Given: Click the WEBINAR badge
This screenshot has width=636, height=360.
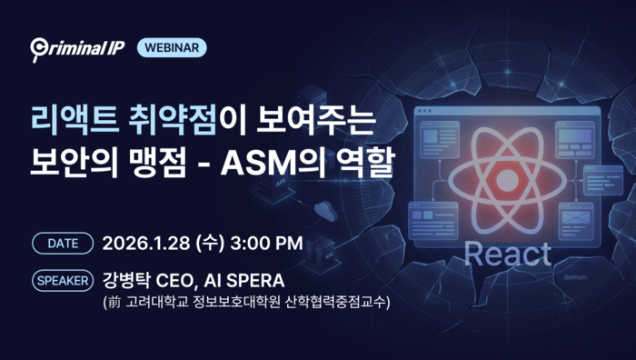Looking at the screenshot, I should (x=171, y=48).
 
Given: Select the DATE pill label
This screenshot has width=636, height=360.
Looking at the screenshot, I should (x=63, y=244).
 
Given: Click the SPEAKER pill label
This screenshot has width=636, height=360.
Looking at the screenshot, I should (x=63, y=279).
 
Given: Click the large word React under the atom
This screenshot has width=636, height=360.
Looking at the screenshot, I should (x=507, y=255).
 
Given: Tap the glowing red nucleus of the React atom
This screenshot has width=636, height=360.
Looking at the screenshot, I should (x=506, y=179).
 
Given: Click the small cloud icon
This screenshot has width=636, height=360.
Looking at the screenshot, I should (x=324, y=215).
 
